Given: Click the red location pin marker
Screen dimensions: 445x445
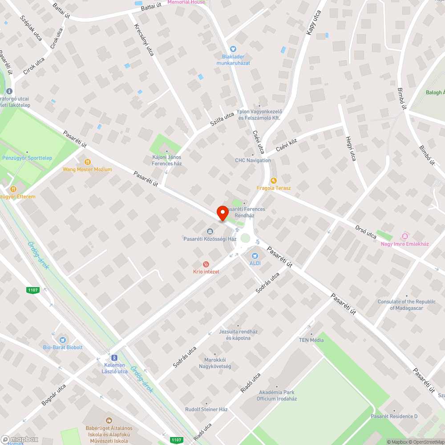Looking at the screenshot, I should (222, 213).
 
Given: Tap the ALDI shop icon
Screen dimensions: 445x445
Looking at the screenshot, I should (255, 256).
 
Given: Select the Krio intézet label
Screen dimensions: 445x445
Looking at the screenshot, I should (206, 271).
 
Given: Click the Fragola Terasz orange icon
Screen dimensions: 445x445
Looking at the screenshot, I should (274, 181).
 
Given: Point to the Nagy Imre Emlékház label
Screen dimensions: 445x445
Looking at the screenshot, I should (405, 244).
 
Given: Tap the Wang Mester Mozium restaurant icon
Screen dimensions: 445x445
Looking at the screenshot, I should (87, 162).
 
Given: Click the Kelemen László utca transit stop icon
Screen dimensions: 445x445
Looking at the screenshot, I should (114, 357).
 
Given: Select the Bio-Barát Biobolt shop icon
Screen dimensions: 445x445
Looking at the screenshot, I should (62, 340).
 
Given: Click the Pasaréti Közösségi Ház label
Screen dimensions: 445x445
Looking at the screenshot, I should (210, 239).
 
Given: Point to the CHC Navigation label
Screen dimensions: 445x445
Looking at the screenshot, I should (253, 160).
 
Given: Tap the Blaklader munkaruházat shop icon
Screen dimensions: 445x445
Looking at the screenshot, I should (233, 49).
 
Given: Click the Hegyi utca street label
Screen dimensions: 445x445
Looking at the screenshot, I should (351, 149).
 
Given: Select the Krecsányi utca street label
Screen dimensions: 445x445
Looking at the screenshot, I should (144, 40).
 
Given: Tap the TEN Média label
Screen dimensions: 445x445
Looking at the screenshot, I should (311, 340).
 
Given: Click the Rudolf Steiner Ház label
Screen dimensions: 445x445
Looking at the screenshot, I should (206, 409).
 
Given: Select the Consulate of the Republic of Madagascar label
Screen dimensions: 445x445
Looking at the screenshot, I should (407, 304).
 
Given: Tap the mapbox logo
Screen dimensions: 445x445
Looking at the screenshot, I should (20, 439).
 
